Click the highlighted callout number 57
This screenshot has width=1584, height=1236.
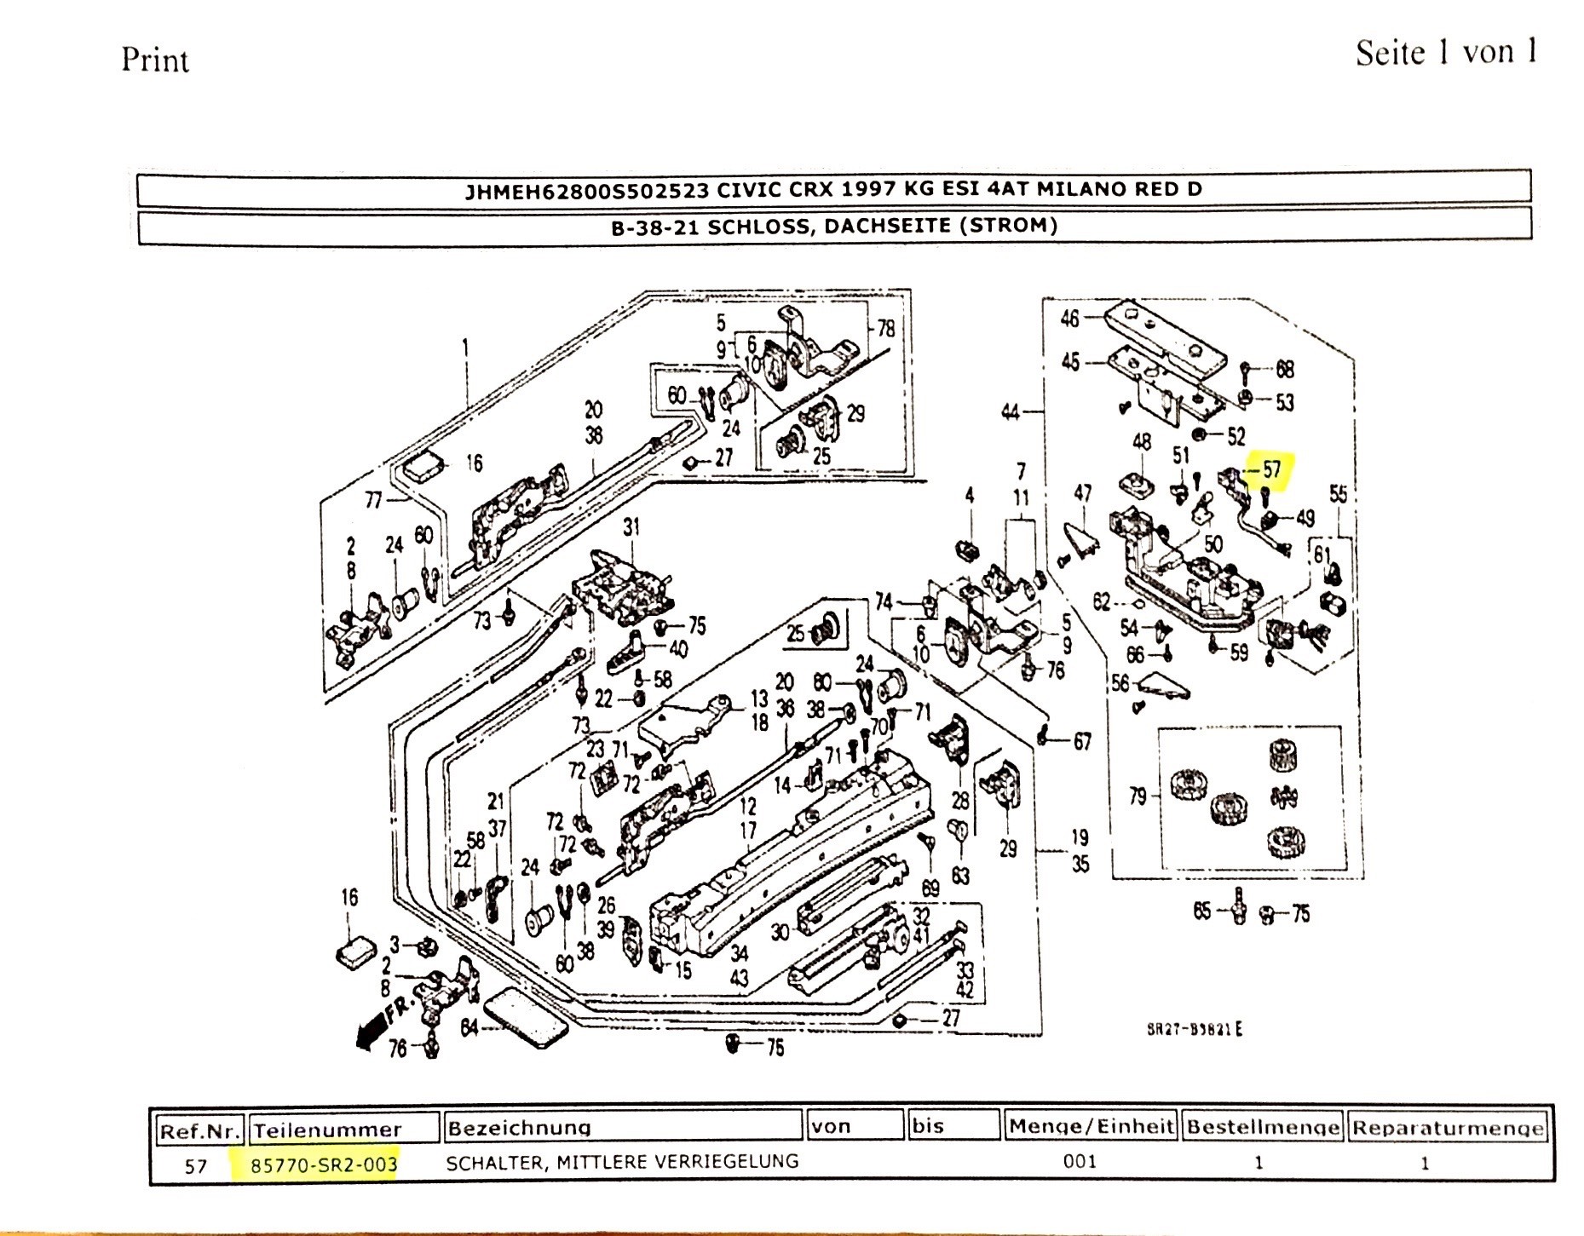(1271, 469)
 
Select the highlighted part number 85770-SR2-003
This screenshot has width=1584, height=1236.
(324, 1164)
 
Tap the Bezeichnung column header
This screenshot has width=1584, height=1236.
(519, 1128)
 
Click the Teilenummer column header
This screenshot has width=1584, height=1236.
(327, 1130)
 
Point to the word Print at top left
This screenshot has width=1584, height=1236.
(154, 60)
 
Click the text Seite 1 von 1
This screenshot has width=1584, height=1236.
(1446, 53)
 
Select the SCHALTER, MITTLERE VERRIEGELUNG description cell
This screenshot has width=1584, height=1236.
(622, 1162)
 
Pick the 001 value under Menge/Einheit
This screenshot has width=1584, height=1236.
(1080, 1162)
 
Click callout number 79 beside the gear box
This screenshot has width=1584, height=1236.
(1138, 796)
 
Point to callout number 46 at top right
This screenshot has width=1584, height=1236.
(1069, 319)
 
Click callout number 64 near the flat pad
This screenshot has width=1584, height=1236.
(469, 1027)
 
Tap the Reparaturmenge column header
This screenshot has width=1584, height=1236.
(1448, 1128)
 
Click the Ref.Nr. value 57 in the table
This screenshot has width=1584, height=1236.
(196, 1165)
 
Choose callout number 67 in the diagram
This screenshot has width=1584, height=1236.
(1082, 742)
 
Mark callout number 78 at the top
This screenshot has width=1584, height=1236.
(886, 328)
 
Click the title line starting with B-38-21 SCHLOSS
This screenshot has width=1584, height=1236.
(834, 226)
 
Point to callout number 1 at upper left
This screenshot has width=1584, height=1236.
(465, 347)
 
